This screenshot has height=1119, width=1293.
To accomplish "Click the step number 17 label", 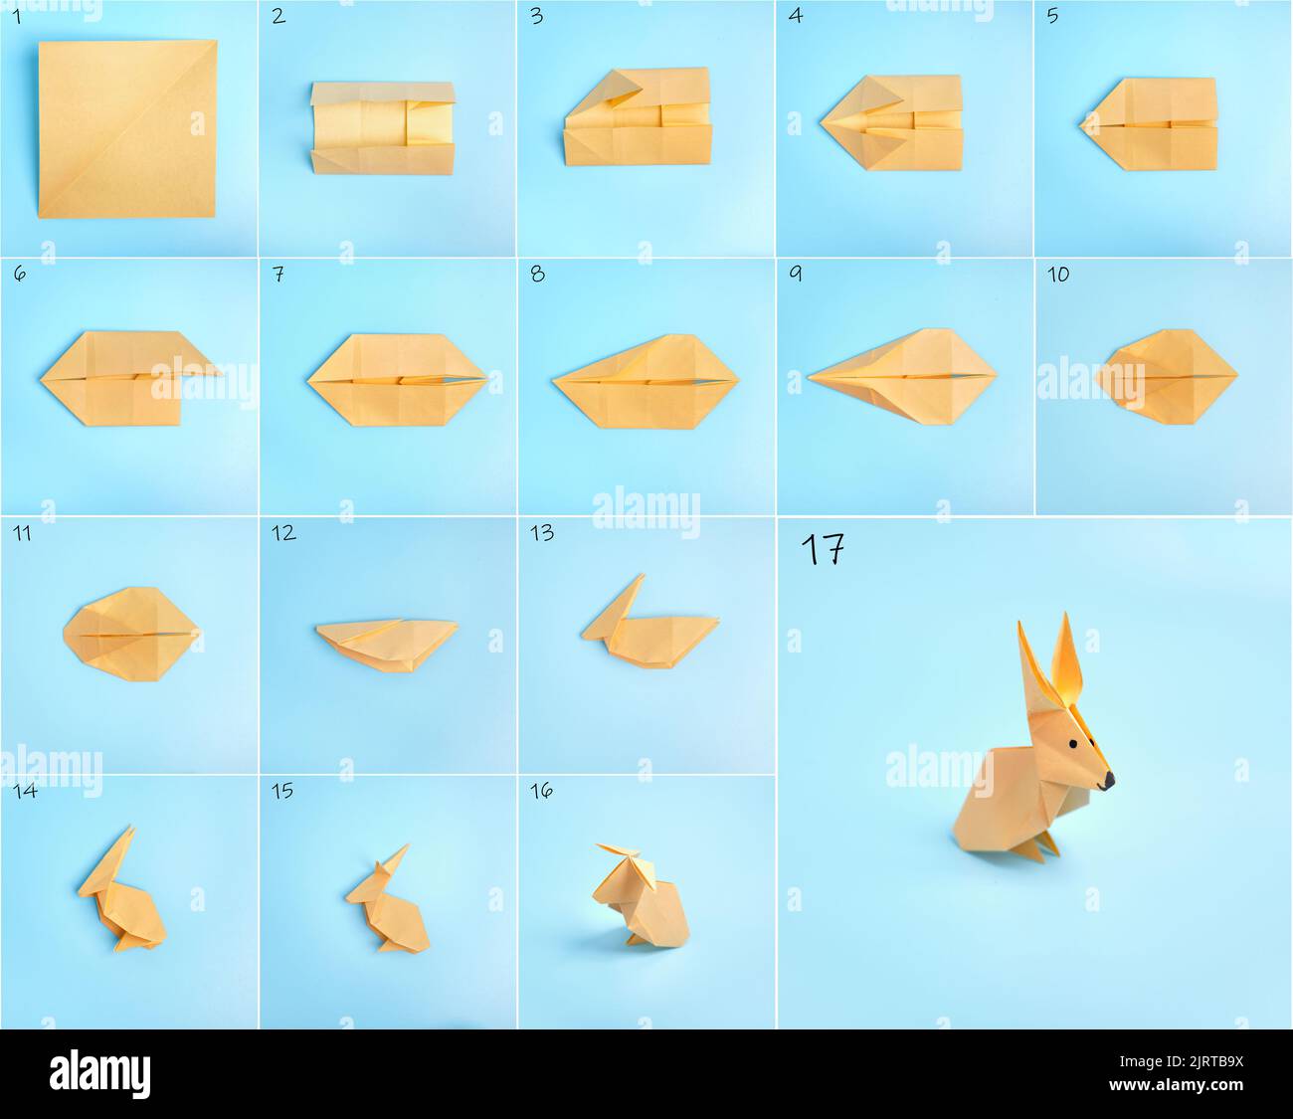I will pos(823,549).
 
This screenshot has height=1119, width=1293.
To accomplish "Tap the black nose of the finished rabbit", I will pos(1107,783).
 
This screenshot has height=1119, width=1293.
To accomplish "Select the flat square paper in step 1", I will pos(127,128).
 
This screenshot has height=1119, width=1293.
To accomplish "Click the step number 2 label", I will pos(278,16).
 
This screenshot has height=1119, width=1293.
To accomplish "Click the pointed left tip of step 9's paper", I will pos(812,377).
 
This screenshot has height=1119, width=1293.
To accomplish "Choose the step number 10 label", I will pos(1057,274).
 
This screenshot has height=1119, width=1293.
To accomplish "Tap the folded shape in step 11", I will pos(131,632).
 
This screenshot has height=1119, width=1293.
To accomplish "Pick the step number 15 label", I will pos(282,791).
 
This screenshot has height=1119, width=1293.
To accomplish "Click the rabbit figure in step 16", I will pos(638,895).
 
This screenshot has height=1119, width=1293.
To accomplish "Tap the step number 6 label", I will pos(20,274).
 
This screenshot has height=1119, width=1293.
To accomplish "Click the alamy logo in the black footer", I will pos(100,1074).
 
